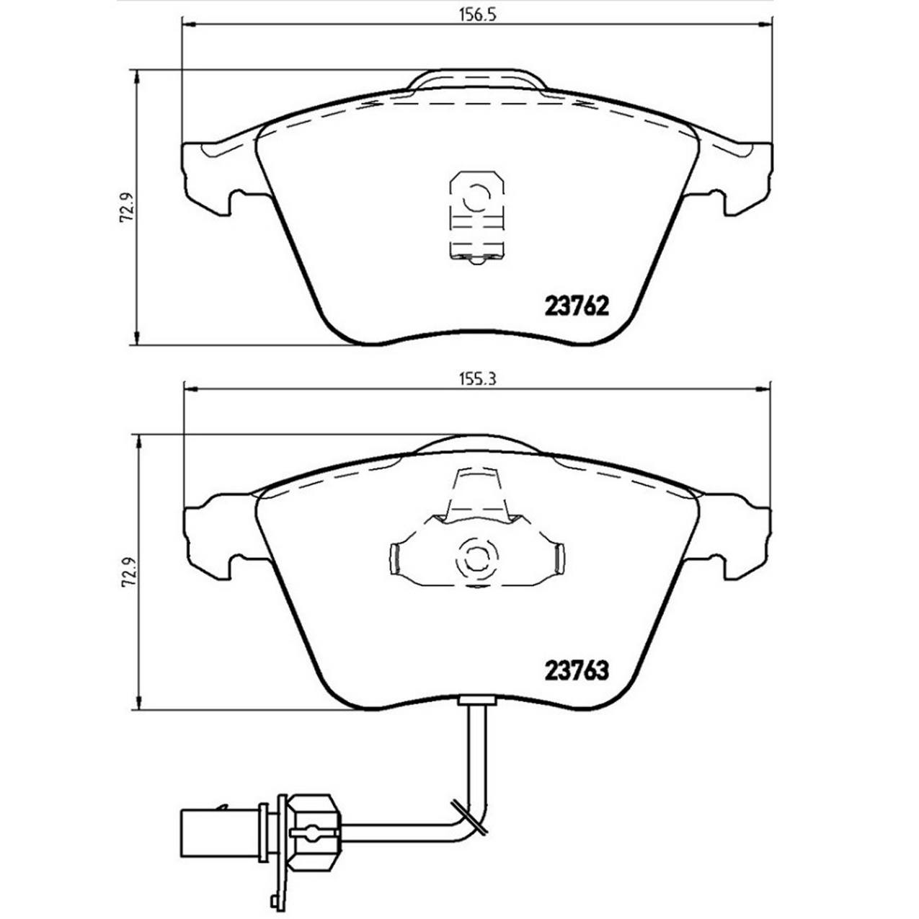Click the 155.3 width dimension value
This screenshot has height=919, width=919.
[478, 381]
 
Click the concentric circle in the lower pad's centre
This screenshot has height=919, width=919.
[474, 557]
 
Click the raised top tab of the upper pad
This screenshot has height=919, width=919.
[476, 79]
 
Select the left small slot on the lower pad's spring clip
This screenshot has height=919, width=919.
[394, 558]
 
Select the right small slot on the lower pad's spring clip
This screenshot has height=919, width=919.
[558, 558]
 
